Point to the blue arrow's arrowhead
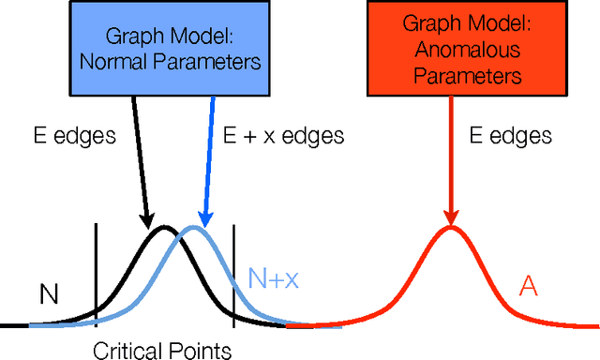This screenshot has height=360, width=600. coord(199,219)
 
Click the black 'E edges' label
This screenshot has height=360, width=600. coord(71,135)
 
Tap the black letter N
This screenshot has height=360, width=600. coord(50,295)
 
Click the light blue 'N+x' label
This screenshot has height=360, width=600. coord(273,278)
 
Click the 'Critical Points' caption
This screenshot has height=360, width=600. coord(162,351)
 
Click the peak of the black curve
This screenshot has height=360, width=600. coord(164,228)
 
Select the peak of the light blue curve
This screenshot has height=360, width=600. coord(194,228)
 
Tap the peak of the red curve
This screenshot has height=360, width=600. coord(451,228)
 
